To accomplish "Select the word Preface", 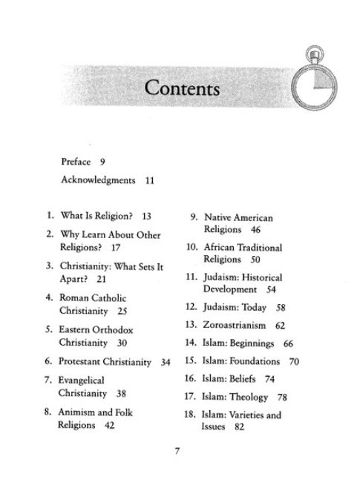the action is tap(76, 161).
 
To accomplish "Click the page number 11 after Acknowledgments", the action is tap(150, 180).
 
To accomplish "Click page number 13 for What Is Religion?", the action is tap(146, 217).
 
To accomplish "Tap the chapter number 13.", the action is tap(189, 326).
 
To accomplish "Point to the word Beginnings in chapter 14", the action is tap(252, 343).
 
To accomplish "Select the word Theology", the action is tap(248, 398).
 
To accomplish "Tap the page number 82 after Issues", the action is tap(238, 428).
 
